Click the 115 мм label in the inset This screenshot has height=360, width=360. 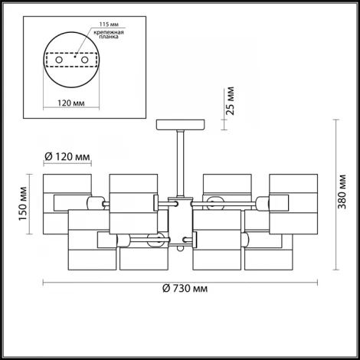tap(109, 25)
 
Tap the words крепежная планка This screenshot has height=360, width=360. tap(109, 34)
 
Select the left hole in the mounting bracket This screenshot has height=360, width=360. tap(59, 61)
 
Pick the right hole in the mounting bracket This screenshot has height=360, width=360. tap(84, 61)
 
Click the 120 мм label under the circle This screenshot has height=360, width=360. tap(71, 103)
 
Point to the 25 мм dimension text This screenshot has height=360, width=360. tap(231, 101)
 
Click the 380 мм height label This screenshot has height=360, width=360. tap(342, 191)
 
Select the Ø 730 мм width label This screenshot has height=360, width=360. tap(185, 289)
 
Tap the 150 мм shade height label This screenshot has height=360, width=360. tap(23, 204)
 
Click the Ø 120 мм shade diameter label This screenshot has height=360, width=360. tap(67, 156)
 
